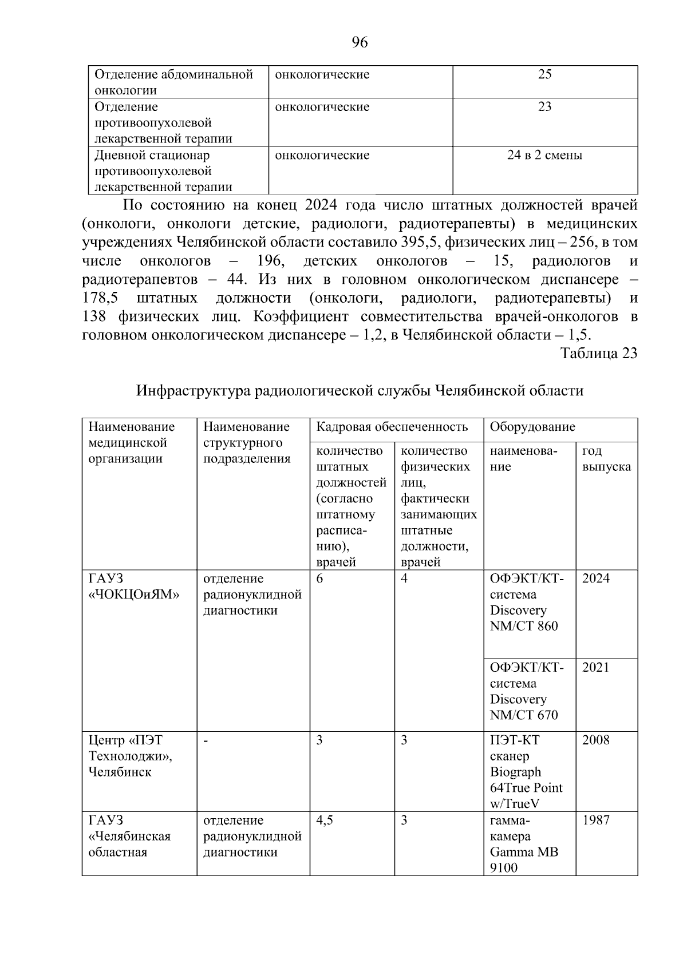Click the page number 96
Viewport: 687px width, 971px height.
click(360, 42)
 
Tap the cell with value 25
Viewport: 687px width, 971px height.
click(544, 74)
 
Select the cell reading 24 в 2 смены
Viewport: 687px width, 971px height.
click(544, 155)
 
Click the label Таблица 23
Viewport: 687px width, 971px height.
click(599, 353)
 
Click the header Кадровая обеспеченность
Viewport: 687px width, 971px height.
click(392, 427)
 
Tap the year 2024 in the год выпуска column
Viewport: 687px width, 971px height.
click(596, 578)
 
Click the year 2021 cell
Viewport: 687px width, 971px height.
click(596, 667)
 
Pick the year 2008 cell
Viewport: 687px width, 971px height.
click(596, 740)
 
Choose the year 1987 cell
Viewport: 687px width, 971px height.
click(596, 820)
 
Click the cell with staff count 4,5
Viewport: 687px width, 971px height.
click(325, 820)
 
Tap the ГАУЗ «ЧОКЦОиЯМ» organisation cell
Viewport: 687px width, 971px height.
click(134, 586)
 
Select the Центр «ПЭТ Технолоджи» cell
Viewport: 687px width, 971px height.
click(131, 756)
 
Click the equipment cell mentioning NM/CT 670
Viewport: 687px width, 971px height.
click(527, 691)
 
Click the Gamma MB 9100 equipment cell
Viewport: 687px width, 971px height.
click(523, 844)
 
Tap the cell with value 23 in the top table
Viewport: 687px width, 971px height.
click(544, 107)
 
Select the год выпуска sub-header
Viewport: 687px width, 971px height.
click(606, 458)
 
